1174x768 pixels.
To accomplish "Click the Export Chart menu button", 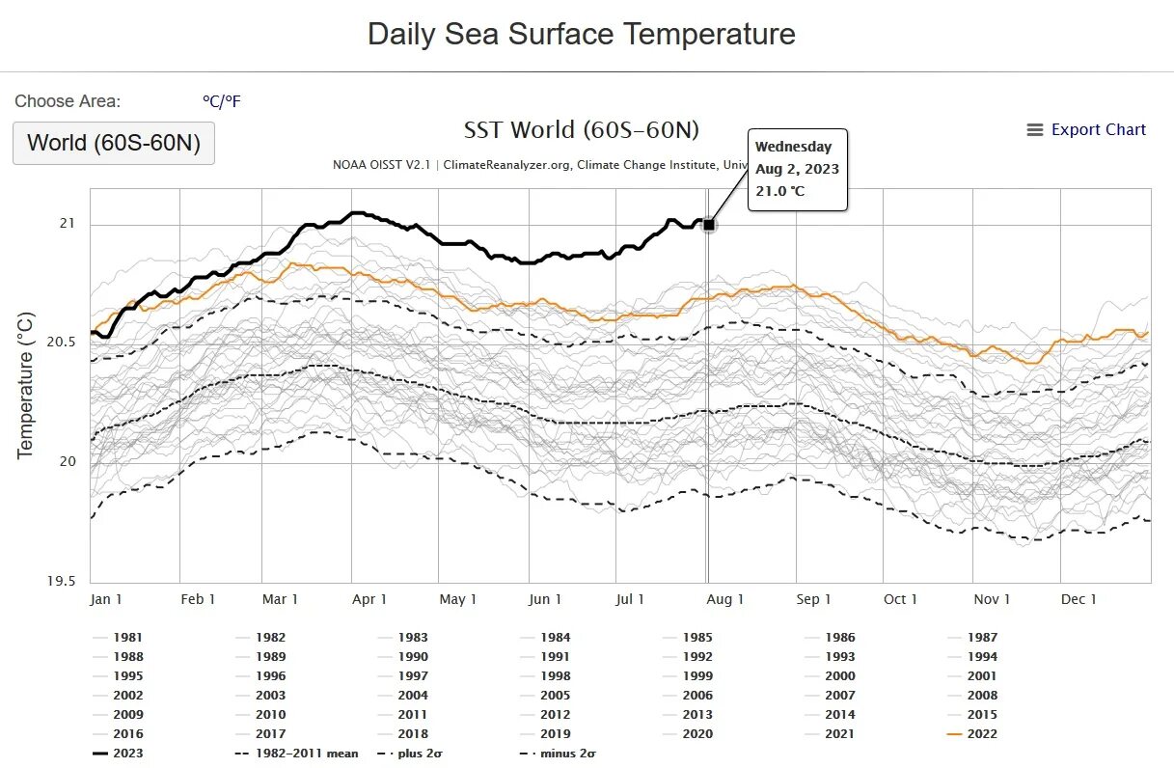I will [1086, 129].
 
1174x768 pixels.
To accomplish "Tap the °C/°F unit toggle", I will [221, 101].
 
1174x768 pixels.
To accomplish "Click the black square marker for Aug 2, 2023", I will [709, 225].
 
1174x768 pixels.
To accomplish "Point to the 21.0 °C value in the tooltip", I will [779, 191].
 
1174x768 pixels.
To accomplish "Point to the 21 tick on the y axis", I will [68, 225].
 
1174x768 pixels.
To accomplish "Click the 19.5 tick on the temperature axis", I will [62, 582].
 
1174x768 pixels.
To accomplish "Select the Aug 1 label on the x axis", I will [725, 599].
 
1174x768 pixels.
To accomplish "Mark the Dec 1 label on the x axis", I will [1078, 599].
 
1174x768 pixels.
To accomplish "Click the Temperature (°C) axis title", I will [25, 384].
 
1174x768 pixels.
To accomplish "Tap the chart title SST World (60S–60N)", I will [581, 129].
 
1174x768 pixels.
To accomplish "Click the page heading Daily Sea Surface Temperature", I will [582, 34].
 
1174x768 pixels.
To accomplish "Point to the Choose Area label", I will [68, 101].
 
